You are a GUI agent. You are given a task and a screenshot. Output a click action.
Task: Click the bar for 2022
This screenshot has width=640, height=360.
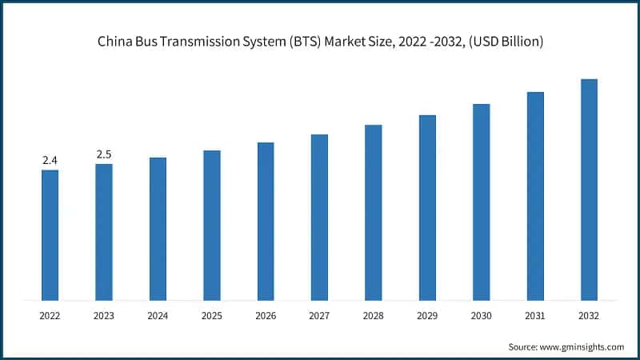50,235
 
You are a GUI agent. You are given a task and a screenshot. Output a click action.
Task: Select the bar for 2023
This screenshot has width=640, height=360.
104,232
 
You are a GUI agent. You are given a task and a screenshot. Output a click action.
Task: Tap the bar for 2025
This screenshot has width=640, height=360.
211,226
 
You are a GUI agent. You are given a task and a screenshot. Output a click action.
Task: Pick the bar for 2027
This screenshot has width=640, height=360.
319,218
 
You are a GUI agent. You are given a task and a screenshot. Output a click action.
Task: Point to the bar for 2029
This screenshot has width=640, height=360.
427,208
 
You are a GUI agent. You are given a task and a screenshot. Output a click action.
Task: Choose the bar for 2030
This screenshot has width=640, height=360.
481,202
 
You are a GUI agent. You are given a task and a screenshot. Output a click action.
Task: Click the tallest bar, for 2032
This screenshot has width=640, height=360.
589,190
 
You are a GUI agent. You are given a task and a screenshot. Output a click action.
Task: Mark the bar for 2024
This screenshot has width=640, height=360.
158,229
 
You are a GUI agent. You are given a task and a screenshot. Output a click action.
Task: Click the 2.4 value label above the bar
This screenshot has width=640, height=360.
50,161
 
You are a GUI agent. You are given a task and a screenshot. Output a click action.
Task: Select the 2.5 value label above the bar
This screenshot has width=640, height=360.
104,154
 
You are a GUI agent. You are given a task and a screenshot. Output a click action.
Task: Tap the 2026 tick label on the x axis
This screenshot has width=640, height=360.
266,316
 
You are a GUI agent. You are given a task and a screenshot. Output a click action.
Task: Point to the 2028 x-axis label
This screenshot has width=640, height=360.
374,316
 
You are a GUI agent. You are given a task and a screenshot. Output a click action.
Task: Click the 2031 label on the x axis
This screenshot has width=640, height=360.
535,316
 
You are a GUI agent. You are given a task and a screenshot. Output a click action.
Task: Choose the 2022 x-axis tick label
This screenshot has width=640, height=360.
50,316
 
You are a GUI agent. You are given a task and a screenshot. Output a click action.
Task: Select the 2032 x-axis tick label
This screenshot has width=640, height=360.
589,316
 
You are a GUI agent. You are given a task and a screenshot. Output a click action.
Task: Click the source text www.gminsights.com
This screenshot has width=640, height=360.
582,346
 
